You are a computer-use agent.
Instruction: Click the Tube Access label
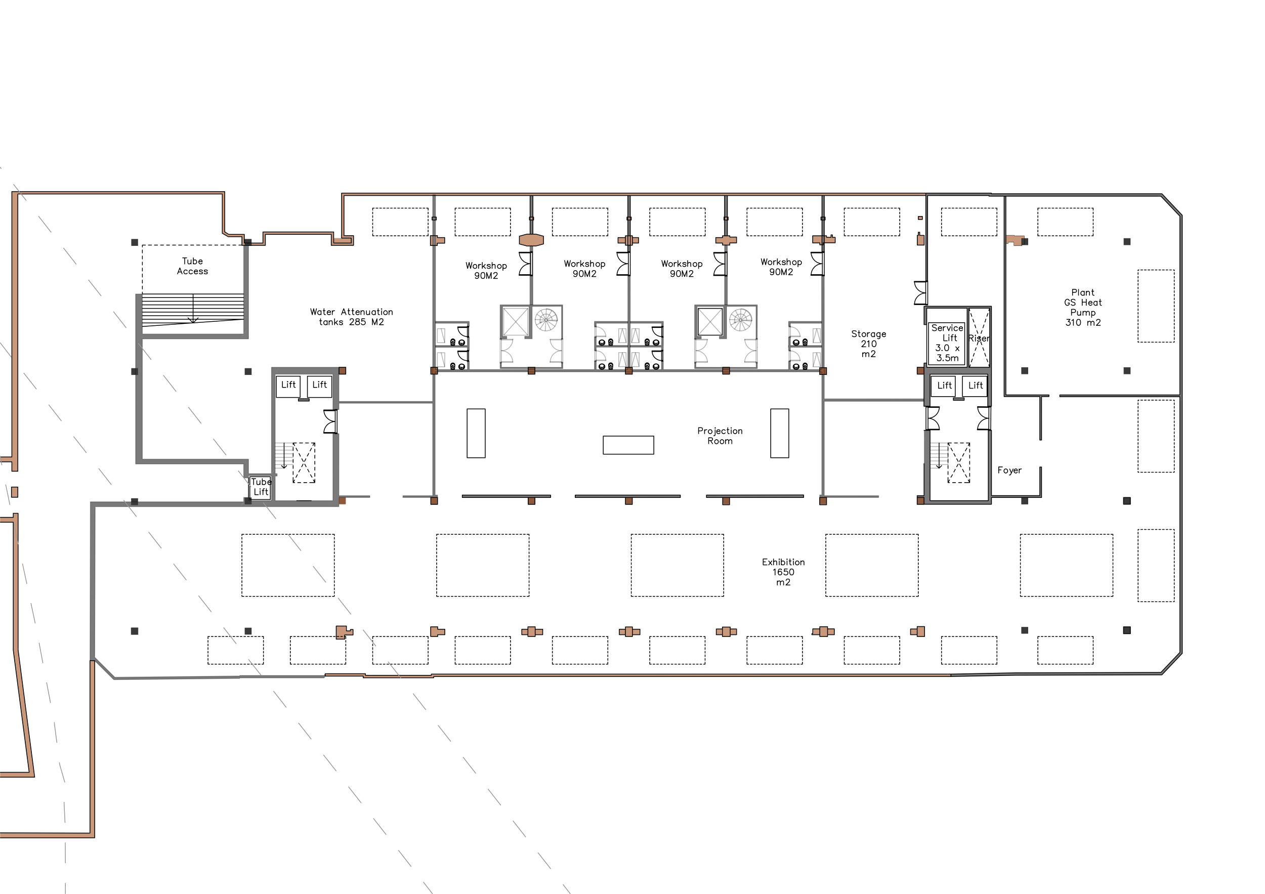(192, 266)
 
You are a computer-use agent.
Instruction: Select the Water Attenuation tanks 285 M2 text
(351, 317)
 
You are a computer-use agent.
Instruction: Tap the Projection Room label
(720, 436)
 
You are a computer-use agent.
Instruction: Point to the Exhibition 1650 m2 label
(783, 572)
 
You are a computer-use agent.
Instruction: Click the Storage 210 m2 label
(868, 344)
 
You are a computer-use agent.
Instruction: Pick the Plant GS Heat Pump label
(1083, 308)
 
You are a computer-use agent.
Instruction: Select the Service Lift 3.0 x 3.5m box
(947, 343)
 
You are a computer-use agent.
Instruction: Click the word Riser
(979, 338)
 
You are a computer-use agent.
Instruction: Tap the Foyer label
(1009, 471)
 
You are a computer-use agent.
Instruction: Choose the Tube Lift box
(260, 487)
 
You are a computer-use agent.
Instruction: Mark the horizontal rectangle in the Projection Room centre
(628, 445)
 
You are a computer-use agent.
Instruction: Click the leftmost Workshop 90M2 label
(486, 271)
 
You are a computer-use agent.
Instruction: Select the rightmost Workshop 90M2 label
(781, 267)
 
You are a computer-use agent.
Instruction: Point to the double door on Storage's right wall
(920, 292)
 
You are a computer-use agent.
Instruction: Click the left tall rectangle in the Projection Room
(476, 433)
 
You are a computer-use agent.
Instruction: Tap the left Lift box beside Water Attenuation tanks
(288, 385)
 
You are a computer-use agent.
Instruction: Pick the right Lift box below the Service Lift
(975, 386)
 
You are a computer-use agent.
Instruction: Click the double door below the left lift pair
(330, 421)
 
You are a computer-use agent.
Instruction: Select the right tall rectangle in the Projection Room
(779, 433)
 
